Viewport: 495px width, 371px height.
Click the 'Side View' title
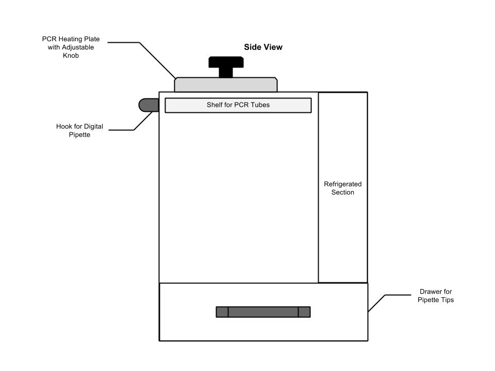263,47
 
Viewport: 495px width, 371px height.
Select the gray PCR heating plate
226,85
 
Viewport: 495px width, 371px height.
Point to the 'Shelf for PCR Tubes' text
238,105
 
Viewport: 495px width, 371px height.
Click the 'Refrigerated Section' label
343,188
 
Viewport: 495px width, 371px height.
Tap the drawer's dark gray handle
263,312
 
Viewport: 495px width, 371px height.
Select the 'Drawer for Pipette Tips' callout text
436,295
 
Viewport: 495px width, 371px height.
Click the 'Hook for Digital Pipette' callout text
73,130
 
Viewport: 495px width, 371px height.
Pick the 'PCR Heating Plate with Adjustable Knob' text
71,47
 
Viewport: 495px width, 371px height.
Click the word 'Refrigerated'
343,184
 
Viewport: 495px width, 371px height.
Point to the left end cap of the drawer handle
222,312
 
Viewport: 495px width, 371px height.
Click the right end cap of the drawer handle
304,312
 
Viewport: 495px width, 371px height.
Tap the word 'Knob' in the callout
71,55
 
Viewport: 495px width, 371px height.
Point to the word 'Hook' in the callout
64,126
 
